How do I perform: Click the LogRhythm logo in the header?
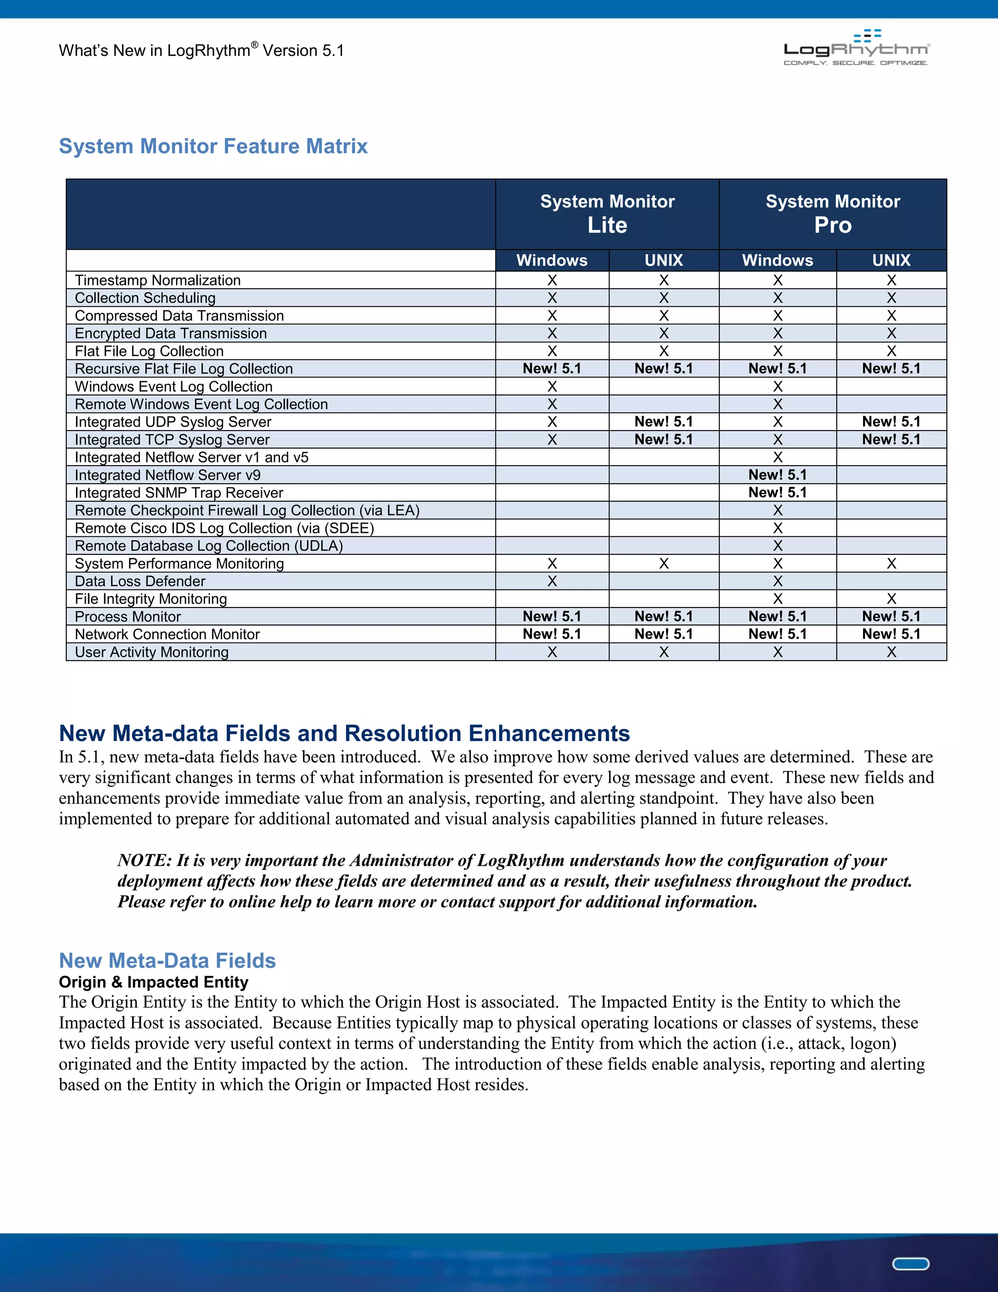pyautogui.click(x=856, y=48)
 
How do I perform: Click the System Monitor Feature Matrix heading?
pyautogui.click(x=213, y=146)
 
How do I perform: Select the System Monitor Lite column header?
pyautogui.click(x=607, y=214)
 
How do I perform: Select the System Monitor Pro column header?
pyautogui.click(x=832, y=214)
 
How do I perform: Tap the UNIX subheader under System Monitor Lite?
pyautogui.click(x=663, y=260)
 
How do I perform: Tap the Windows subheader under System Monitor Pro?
pyautogui.click(x=777, y=260)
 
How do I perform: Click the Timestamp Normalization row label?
pyautogui.click(x=158, y=280)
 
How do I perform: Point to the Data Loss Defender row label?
pyautogui.click(x=140, y=582)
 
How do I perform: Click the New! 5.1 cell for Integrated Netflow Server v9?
pyautogui.click(x=777, y=475)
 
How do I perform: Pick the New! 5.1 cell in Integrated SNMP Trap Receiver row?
pyautogui.click(x=777, y=493)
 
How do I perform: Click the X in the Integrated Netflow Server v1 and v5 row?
pyautogui.click(x=777, y=457)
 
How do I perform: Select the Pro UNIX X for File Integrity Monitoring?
pyautogui.click(x=891, y=599)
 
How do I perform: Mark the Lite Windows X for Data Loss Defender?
pyautogui.click(x=552, y=582)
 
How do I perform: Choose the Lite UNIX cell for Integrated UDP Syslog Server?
pyautogui.click(x=663, y=422)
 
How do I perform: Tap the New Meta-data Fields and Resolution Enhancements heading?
pyautogui.click(x=344, y=734)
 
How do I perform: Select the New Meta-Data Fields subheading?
pyautogui.click(x=167, y=960)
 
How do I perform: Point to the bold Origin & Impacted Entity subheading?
pyautogui.click(x=153, y=982)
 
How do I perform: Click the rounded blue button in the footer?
pyautogui.click(x=910, y=1264)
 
